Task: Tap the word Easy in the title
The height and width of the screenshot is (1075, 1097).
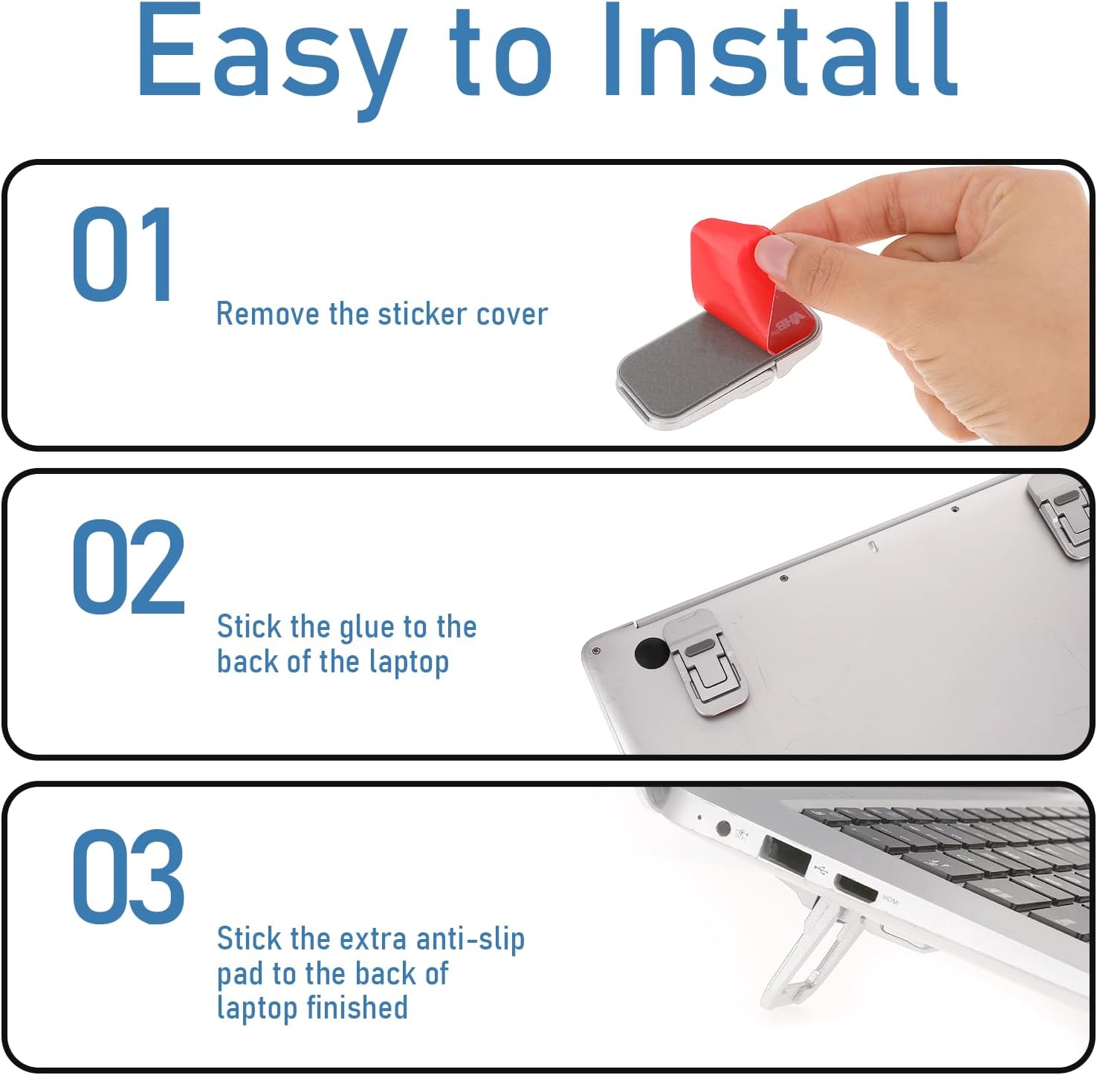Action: (x=271, y=59)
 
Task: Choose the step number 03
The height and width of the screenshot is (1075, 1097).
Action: (x=128, y=877)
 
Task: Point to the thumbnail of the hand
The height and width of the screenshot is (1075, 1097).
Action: (x=775, y=256)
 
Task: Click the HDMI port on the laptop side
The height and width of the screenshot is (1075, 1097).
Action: (x=855, y=888)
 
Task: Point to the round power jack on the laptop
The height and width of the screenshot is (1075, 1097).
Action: (x=722, y=826)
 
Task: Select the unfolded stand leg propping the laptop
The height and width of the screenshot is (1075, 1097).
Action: (x=810, y=955)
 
